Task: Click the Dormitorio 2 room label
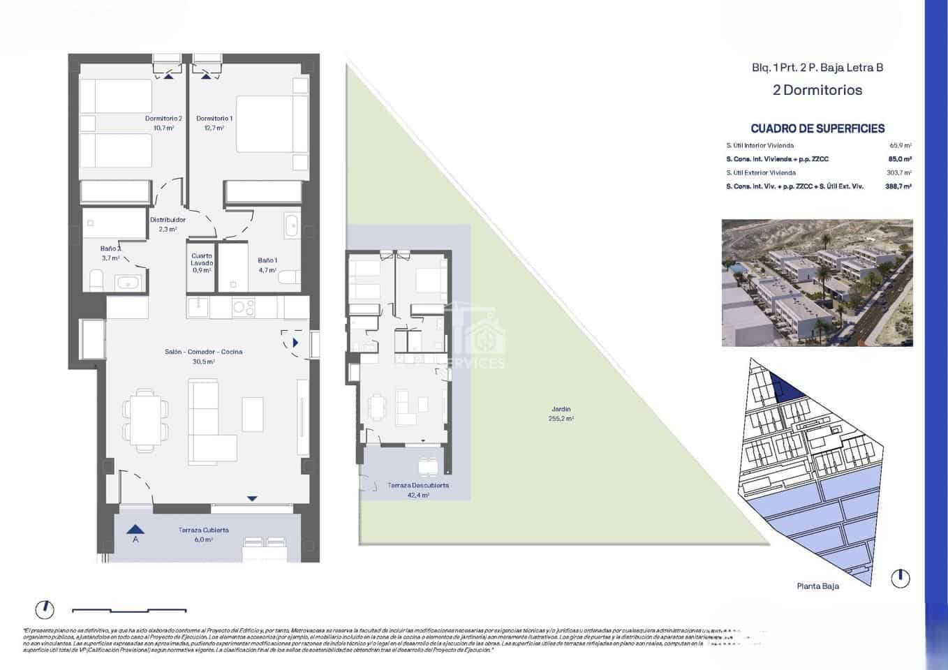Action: [x=163, y=119]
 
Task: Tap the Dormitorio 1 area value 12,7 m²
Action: [x=214, y=128]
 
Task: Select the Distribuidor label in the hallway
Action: [x=168, y=220]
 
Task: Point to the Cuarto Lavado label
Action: [x=202, y=259]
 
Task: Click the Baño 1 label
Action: [x=267, y=260]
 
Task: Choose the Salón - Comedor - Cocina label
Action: [x=203, y=352]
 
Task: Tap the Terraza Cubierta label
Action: [x=203, y=530]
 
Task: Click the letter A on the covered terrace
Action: [x=135, y=539]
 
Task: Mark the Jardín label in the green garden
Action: [x=561, y=410]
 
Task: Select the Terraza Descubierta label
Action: [x=418, y=485]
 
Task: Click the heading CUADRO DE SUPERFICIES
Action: [x=817, y=128]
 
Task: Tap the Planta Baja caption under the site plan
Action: [x=817, y=586]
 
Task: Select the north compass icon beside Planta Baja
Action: [x=901, y=578]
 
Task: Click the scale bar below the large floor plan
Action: [x=129, y=611]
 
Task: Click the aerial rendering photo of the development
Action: [x=817, y=283]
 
